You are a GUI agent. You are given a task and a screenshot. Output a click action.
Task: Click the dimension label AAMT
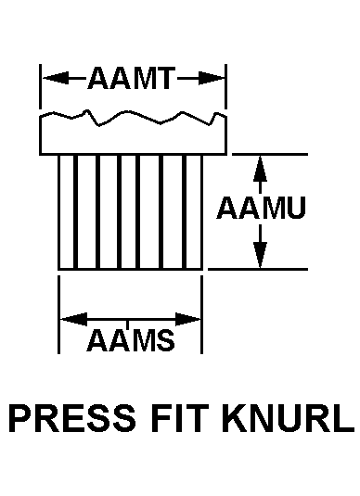[x=131, y=78]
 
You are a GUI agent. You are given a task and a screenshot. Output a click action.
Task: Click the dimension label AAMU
[x=262, y=208]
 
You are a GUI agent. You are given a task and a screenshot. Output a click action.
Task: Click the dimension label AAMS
[x=131, y=340]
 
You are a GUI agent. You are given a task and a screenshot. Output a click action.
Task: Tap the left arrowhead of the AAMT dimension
[x=56, y=78]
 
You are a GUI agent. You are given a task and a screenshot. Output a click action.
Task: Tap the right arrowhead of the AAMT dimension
[x=211, y=78]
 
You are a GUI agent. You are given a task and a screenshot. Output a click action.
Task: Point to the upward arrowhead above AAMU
[x=260, y=169]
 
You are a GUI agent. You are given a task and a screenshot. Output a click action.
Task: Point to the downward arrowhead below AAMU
[x=260, y=255]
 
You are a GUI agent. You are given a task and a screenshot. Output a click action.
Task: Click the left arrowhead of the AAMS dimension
[x=73, y=319]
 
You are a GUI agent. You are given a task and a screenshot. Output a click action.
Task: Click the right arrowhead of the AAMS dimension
[x=188, y=319]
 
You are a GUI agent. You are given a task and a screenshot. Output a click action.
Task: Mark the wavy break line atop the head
[x=133, y=118]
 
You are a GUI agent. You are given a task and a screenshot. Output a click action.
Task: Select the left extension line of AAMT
[x=40, y=86]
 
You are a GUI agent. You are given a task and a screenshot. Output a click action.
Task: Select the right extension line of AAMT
[x=225, y=86]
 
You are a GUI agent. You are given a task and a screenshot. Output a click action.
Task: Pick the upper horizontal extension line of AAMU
[x=270, y=155]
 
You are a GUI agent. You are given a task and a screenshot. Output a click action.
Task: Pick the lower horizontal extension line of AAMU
[x=258, y=269]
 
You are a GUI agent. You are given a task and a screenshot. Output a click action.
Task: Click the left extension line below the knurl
[x=58, y=314]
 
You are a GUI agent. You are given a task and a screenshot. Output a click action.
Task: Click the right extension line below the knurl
[x=202, y=314]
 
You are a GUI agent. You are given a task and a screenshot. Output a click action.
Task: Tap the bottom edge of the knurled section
[x=131, y=269]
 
